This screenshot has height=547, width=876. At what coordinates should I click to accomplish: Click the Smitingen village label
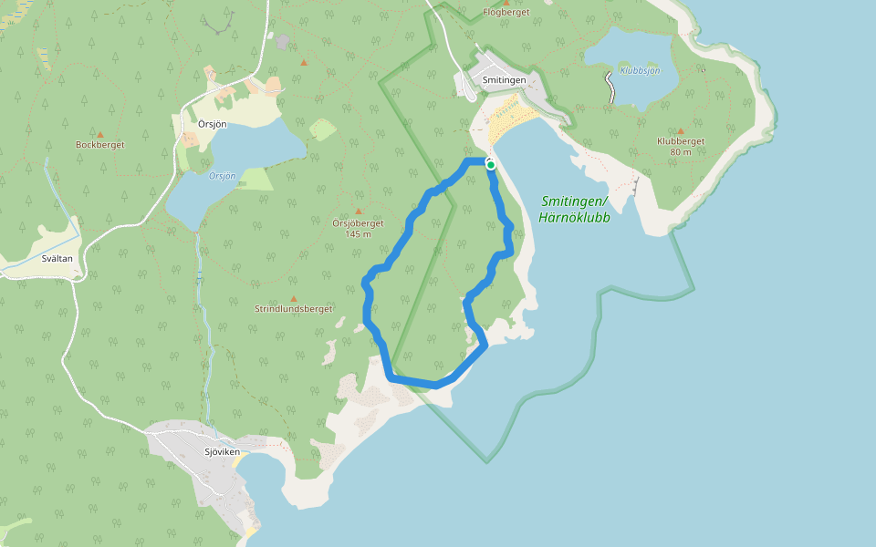(x=504, y=80)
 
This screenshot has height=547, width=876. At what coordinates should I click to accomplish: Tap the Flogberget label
(x=506, y=12)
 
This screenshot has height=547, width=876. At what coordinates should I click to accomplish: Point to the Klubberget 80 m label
(x=681, y=146)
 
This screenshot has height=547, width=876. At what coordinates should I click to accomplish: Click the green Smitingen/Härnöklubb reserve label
(x=575, y=210)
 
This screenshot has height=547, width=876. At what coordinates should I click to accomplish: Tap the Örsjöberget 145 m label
(x=358, y=228)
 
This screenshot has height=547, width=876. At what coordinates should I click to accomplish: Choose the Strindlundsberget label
(x=293, y=309)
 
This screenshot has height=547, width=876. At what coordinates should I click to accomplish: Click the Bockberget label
(x=100, y=145)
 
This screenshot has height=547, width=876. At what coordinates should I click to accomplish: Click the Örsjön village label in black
(x=213, y=123)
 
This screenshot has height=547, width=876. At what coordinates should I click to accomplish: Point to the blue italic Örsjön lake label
(x=222, y=176)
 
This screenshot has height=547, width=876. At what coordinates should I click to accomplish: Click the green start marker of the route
(x=490, y=165)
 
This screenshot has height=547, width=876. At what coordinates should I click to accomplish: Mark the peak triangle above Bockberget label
(x=100, y=133)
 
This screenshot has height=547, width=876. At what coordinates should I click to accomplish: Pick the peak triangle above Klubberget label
(x=680, y=130)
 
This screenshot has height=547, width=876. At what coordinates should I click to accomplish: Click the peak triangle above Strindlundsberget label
(x=293, y=298)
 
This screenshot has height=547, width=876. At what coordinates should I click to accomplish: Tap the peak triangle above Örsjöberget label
(x=359, y=211)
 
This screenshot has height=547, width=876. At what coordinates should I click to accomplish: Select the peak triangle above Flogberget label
(x=506, y=2)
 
